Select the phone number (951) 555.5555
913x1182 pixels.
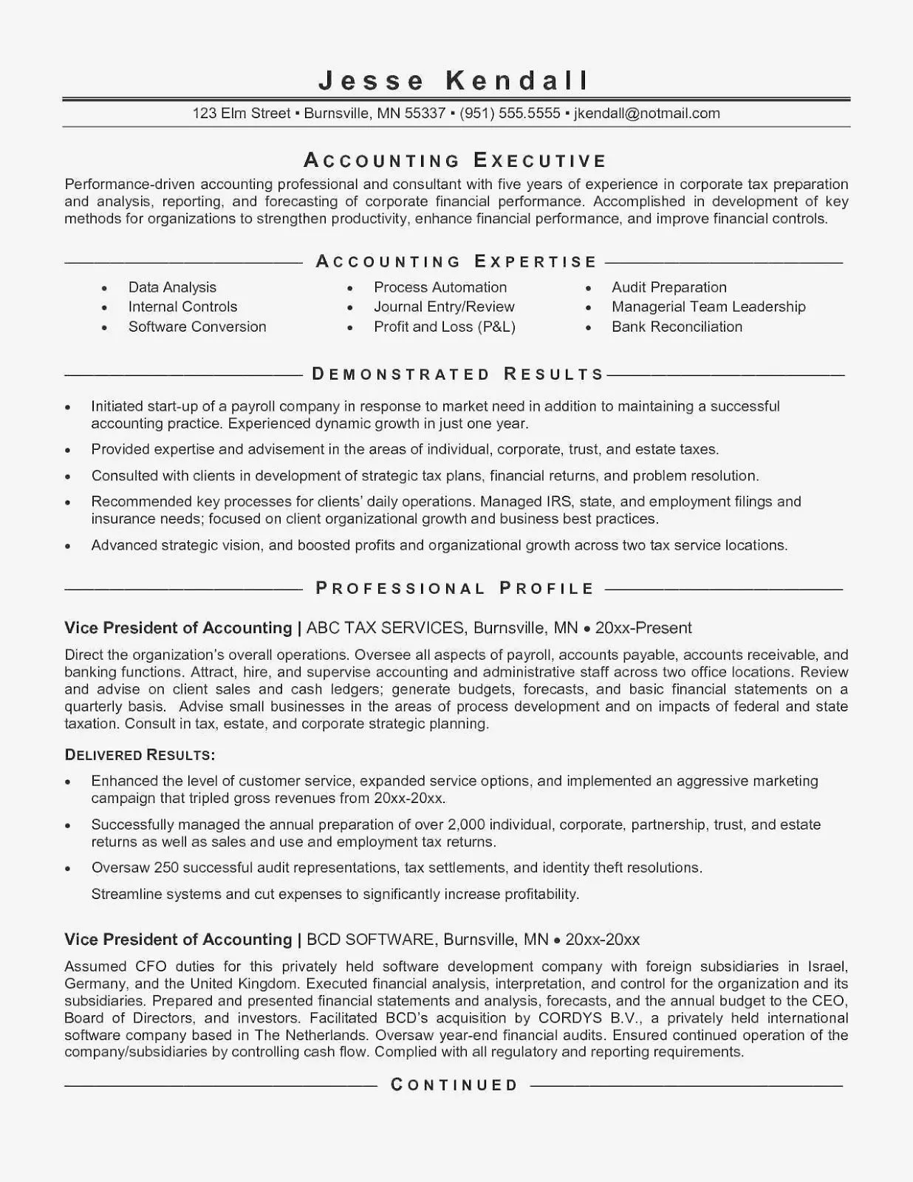point(510,113)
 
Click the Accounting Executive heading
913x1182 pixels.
point(455,160)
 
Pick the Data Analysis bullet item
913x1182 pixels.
point(172,287)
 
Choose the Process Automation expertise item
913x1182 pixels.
point(440,287)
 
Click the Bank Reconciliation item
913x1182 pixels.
point(677,327)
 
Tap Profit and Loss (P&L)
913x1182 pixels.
point(444,327)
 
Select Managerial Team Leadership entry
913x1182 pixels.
point(708,307)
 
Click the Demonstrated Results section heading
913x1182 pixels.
point(458,374)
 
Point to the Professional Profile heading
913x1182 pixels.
point(455,588)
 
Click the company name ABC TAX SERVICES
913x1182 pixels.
point(385,628)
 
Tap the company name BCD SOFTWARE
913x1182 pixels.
point(369,940)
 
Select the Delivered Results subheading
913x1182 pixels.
point(140,755)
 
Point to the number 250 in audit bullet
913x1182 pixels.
point(166,867)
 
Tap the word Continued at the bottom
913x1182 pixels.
point(454,1085)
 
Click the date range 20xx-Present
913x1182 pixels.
point(643,628)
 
